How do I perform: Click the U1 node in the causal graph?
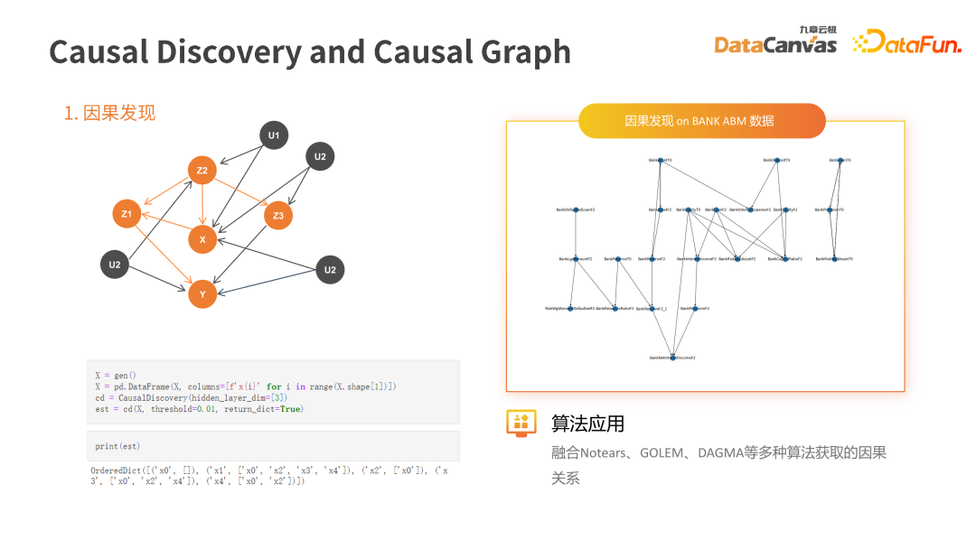click(x=274, y=136)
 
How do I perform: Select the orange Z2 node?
click(x=202, y=170)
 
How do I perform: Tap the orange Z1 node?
click(x=127, y=214)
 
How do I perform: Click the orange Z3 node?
click(x=278, y=215)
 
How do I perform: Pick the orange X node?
click(x=202, y=239)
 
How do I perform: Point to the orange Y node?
click(x=202, y=293)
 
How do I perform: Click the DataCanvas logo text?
click(x=775, y=44)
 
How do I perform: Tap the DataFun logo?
click(x=907, y=42)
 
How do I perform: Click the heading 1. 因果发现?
click(x=109, y=113)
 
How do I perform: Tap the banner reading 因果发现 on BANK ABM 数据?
click(x=701, y=121)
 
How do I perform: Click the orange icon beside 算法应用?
click(x=521, y=423)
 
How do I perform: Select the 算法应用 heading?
click(x=588, y=423)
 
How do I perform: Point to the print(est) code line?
click(x=117, y=446)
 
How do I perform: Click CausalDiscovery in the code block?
click(x=147, y=397)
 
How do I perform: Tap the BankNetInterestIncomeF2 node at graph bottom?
click(x=672, y=358)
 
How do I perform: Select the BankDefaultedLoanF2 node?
click(x=576, y=209)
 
